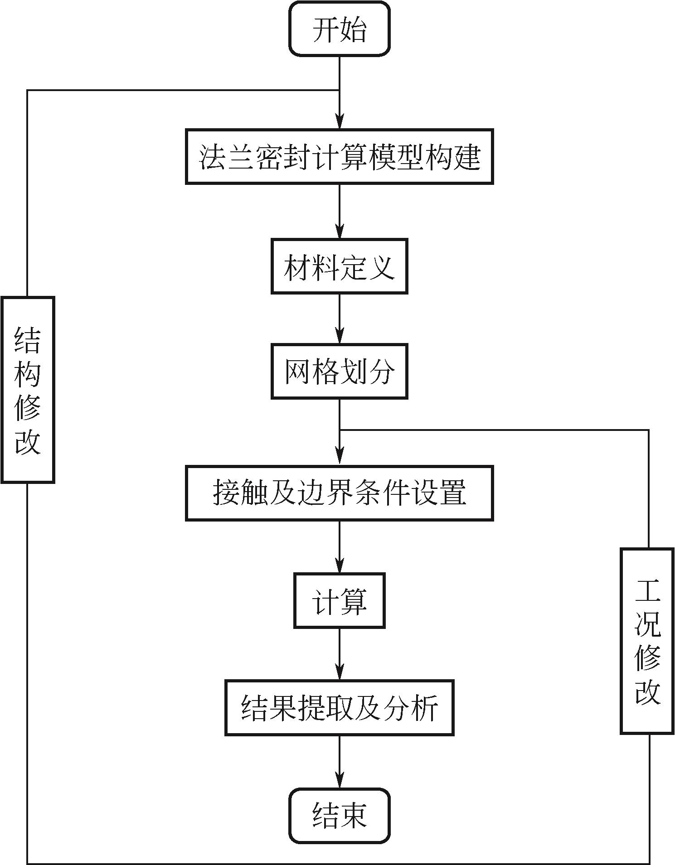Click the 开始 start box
tap(340, 29)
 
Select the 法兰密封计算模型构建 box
tap(340, 157)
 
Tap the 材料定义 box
tap(340, 266)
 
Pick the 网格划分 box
tap(340, 372)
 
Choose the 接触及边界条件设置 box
tap(340, 493)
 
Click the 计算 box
tap(340, 601)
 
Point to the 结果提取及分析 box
tap(340, 708)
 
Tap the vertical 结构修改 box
tap(28, 390)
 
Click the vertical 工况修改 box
tap(647, 641)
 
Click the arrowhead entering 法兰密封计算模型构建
tap(340, 122)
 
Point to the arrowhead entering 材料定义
tap(340, 232)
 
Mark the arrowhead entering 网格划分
tap(340, 337)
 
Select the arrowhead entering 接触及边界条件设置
tap(340, 459)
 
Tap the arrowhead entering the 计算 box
tap(340, 566)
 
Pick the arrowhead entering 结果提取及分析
tap(340, 673)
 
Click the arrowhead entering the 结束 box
tap(340, 781)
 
